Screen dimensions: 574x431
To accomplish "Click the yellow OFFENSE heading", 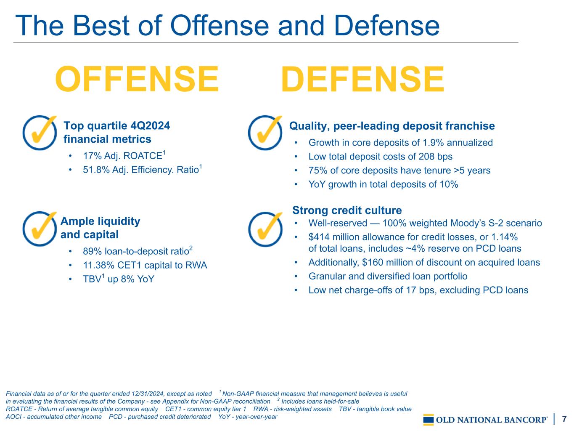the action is (137, 79).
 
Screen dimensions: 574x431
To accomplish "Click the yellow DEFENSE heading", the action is (362, 79).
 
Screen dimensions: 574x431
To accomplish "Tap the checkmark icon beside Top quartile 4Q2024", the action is (40, 133).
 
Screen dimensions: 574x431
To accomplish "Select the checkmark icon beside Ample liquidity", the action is (40, 229).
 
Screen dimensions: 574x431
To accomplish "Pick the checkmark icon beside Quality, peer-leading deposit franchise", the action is (265, 133).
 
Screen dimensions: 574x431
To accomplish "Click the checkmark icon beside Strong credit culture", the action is (265, 229).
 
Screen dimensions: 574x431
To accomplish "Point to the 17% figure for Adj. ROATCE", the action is (93, 156).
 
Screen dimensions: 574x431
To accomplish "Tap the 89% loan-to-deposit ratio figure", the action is (93, 251).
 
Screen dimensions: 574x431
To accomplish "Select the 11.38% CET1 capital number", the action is (99, 265).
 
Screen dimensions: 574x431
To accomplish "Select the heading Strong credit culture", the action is (347, 210).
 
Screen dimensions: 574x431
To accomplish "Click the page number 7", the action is (564, 419).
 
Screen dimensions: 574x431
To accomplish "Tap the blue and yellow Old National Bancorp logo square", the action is (429, 420).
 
